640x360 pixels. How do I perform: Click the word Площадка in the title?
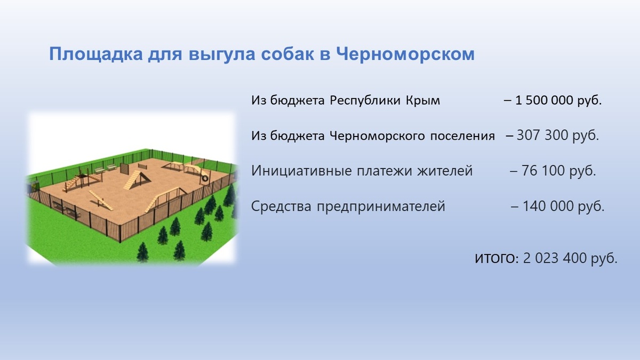coord(96,54)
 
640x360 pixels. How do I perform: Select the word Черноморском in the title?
coord(405,54)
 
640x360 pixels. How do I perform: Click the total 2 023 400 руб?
coord(570,258)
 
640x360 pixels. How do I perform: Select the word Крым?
coord(423,100)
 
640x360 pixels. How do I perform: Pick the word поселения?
coord(462,136)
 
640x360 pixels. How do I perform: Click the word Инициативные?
coord(301,171)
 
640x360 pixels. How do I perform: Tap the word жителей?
coord(445,171)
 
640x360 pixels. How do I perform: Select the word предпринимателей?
coord(381,206)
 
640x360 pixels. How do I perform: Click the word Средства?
coord(281,206)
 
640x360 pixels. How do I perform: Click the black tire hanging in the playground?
coord(205,178)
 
